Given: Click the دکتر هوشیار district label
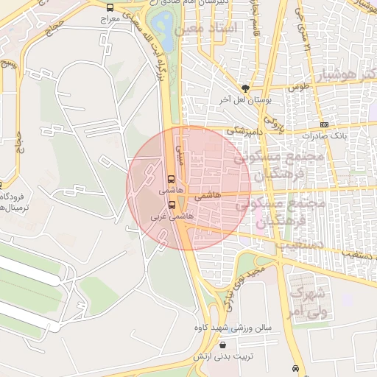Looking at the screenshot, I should (x=345, y=75).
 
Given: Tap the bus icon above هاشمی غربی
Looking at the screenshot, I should (x=172, y=205).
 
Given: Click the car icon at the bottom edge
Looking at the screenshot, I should (x=295, y=368).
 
